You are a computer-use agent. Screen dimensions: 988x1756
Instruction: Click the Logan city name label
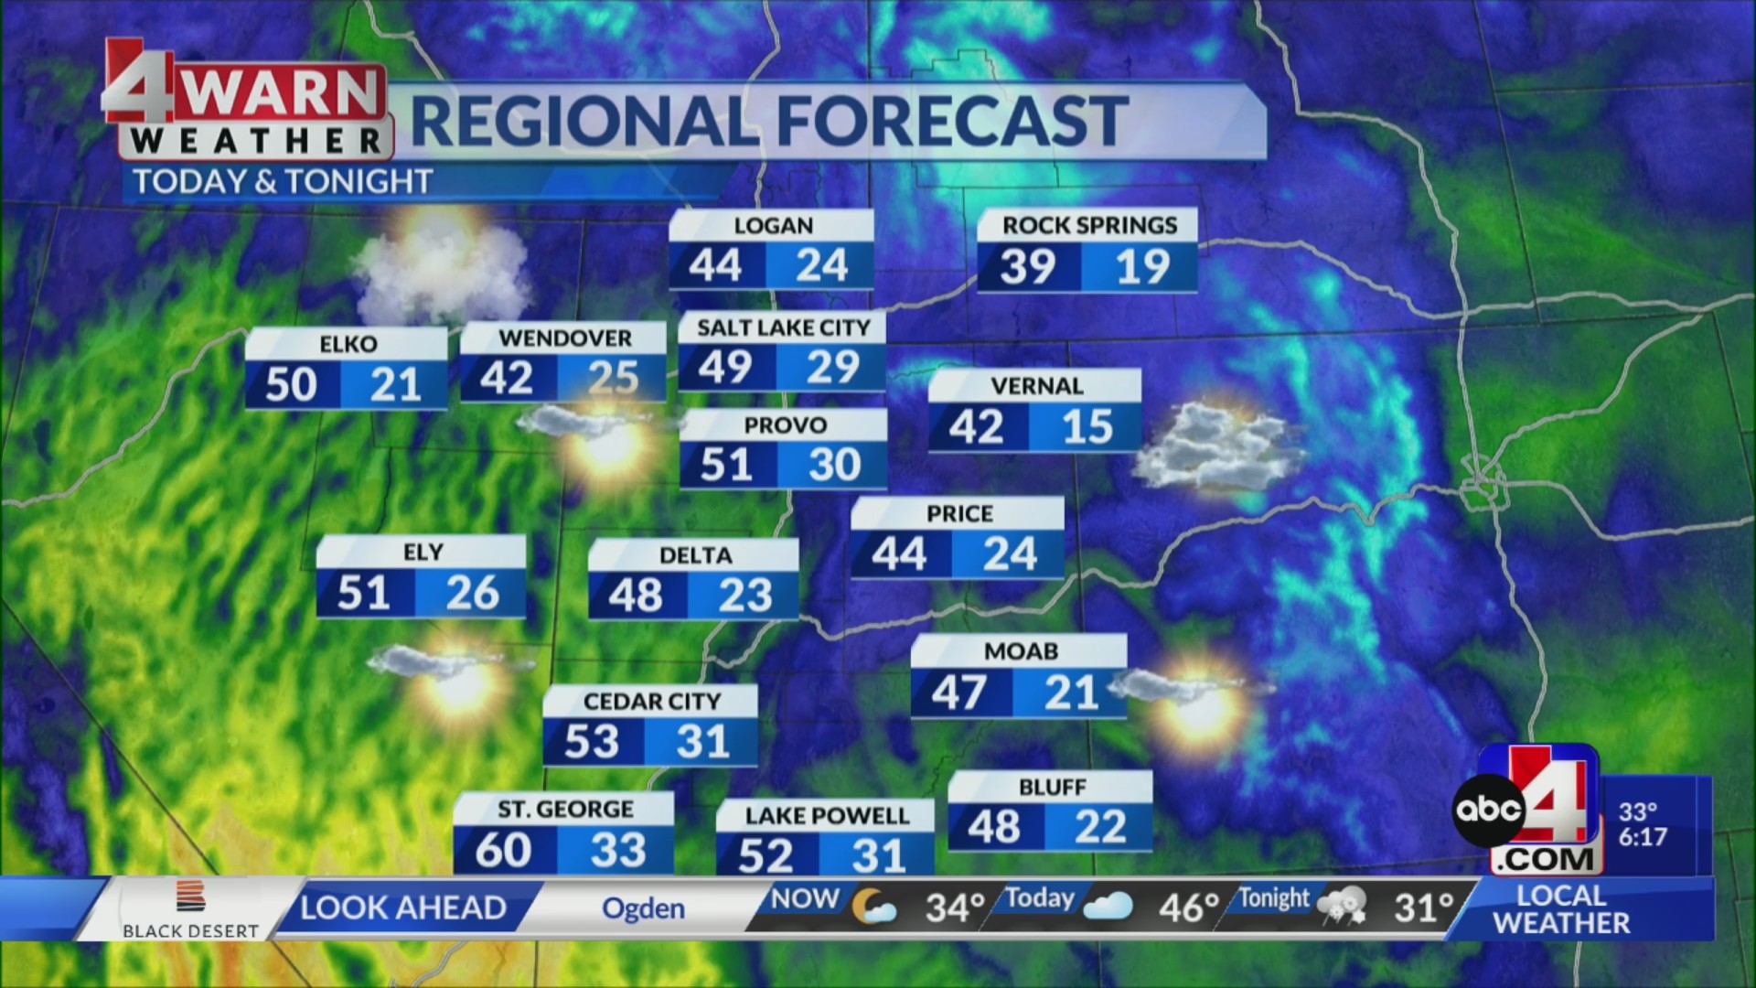(x=773, y=226)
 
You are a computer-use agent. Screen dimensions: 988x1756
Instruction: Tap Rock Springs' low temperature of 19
(x=1142, y=267)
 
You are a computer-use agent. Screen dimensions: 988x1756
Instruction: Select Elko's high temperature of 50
(x=291, y=384)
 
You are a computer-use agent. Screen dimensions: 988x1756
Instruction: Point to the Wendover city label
(x=565, y=338)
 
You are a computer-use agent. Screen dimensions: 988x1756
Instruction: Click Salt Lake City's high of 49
(x=725, y=368)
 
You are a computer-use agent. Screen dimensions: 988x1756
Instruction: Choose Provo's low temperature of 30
(x=834, y=466)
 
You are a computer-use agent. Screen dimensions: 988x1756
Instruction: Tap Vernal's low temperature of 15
(x=1087, y=427)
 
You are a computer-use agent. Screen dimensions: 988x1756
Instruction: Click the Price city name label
(x=959, y=514)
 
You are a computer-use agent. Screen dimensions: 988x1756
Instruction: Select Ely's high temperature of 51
(x=364, y=594)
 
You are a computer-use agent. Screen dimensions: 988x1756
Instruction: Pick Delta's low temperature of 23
(x=744, y=596)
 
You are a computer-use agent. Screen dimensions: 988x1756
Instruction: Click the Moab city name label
(x=1021, y=651)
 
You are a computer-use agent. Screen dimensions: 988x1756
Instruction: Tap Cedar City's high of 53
(x=591, y=742)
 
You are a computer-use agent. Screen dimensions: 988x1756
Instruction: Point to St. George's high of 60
(x=503, y=851)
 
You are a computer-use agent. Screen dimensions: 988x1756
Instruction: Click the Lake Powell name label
(x=827, y=816)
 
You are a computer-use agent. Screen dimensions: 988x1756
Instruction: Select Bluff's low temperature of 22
(x=1099, y=827)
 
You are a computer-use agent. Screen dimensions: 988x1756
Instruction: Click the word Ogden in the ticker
(x=643, y=908)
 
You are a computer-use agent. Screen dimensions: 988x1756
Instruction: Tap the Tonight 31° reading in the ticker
(x=1423, y=907)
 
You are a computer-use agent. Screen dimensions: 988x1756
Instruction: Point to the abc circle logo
(x=1488, y=810)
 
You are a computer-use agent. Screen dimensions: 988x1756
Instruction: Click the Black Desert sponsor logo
(x=190, y=909)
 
